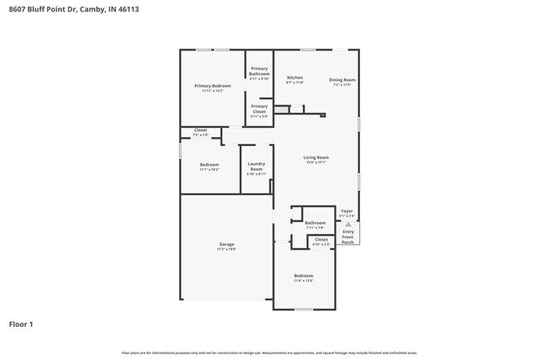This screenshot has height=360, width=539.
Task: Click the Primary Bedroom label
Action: click(212, 86)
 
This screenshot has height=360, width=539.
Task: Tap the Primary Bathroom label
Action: click(260, 71)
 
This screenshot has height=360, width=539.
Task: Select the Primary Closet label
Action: click(260, 109)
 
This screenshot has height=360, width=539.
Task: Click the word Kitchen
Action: click(294, 77)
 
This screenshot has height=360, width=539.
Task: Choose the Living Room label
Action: click(317, 158)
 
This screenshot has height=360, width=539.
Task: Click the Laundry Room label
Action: click(256, 167)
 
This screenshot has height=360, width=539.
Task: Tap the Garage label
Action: click(226, 244)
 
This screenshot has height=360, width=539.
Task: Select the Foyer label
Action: click(347, 211)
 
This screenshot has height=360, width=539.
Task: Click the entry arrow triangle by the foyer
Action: click(348, 224)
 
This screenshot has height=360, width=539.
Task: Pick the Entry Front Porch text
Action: click(348, 236)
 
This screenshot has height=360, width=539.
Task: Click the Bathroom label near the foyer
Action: click(315, 222)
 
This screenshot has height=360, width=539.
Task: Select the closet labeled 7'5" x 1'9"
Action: click(201, 132)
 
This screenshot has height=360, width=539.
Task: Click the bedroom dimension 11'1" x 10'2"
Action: click(210, 169)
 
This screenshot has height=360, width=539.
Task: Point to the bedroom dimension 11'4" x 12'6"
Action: click(303, 280)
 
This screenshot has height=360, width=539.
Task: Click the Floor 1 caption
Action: click(22, 324)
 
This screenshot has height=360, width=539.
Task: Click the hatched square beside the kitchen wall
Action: click(282, 108)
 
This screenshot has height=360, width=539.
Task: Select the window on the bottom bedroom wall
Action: click(303, 309)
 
